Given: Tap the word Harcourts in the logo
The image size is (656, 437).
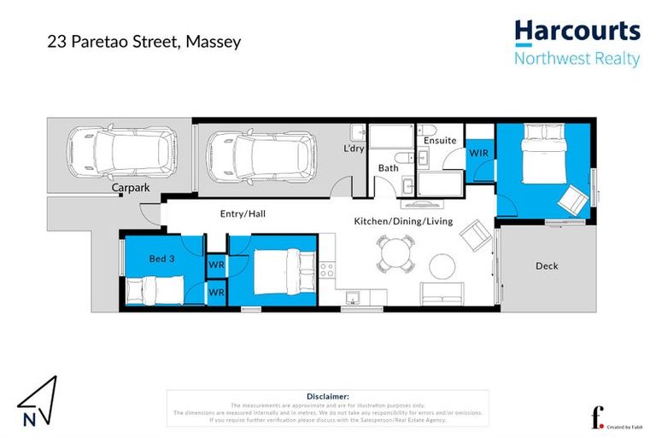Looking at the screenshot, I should tap(577, 32).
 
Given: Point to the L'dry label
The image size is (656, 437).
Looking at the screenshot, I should tap(354, 149).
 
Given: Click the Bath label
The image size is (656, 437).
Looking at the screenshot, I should tap(388, 168).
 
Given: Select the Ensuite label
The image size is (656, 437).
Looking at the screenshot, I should tap(440, 140).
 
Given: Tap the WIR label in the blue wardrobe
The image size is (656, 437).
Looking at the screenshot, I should tap(478, 153).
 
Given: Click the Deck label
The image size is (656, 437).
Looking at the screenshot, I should tap(547, 265).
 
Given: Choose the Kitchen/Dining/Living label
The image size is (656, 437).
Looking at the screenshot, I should tap(403, 221).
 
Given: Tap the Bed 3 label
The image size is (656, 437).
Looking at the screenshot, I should tap(161, 258).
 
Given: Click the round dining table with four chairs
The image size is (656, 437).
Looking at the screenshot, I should tap(395, 253).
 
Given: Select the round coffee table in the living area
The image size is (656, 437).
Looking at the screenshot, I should tap(442, 265).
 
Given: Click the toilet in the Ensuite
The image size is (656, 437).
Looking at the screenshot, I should tap(429, 131).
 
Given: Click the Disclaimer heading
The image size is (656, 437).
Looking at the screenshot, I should tap(327, 396).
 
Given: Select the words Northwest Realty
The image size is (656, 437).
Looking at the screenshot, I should tap(577, 58).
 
